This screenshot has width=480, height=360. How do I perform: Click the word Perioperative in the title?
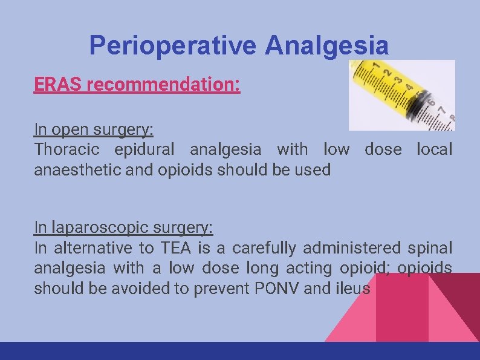pos(173,45)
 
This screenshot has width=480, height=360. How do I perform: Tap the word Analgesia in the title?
pos(326,45)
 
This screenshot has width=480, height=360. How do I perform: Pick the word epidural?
pos(144,149)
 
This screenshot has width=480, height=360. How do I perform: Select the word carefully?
pos(265,248)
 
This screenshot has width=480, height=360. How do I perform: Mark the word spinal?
pos(430,248)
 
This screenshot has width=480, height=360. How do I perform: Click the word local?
pos(434,149)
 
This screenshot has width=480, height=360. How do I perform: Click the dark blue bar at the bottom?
pos(240,351)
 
